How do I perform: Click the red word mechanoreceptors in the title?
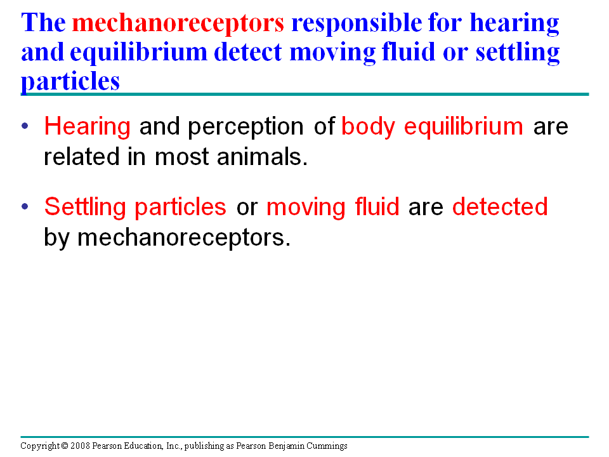[x=178, y=23]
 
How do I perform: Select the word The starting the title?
[x=44, y=23]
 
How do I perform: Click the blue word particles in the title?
[x=70, y=83]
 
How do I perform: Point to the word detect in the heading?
[x=248, y=52]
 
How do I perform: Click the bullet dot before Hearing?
[x=25, y=126]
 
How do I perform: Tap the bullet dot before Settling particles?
[x=25, y=206]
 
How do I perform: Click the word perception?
[x=246, y=128]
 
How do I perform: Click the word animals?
[x=262, y=157]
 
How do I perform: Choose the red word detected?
[x=501, y=206]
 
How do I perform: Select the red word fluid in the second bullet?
[x=377, y=206]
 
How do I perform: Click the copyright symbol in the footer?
[x=65, y=446]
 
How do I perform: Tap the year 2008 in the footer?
[x=80, y=446]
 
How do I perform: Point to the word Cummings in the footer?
[x=327, y=446]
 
